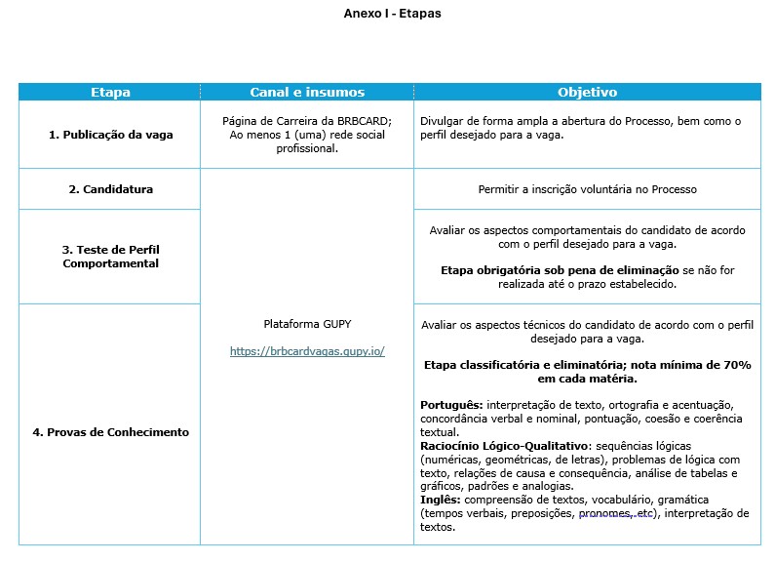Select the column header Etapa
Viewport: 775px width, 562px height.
(110, 93)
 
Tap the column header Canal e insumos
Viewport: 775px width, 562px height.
(307, 93)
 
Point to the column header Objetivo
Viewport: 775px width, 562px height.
(587, 93)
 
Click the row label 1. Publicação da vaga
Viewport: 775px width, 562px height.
(110, 135)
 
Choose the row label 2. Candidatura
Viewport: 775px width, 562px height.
(110, 189)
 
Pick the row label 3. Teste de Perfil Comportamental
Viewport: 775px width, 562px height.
(110, 256)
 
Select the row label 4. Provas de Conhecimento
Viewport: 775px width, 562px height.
(110, 431)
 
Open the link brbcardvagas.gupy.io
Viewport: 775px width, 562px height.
(307, 351)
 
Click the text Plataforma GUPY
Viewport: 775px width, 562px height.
(307, 323)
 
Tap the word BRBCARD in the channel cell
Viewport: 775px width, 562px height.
(362, 121)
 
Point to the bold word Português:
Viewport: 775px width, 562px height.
(451, 404)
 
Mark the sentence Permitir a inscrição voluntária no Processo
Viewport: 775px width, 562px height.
(587, 189)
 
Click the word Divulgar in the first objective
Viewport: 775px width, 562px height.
(443, 121)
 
